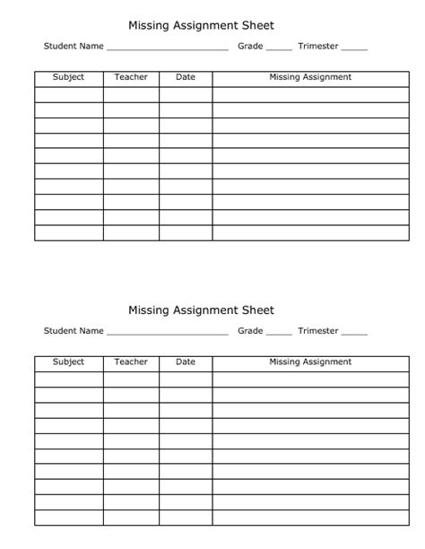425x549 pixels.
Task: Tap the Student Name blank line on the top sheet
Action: [167, 48]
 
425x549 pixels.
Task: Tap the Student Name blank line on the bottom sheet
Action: [167, 333]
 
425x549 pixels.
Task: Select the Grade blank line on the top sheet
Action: [279, 48]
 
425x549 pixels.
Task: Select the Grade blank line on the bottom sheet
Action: [279, 333]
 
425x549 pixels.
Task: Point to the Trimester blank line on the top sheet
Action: [354, 48]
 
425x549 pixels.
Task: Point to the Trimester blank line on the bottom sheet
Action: [354, 333]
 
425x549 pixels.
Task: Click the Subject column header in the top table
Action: [68, 77]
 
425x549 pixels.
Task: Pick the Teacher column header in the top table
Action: [131, 77]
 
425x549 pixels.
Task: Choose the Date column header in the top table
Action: [186, 77]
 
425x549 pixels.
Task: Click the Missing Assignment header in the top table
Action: [310, 77]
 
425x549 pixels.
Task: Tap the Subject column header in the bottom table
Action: [68, 362]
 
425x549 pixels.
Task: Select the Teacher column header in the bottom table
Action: [131, 362]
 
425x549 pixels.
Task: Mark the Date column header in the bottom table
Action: [186, 362]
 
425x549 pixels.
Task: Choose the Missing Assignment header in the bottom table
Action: [310, 362]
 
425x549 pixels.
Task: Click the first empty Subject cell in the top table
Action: [68, 94]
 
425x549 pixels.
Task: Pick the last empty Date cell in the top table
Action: [186, 232]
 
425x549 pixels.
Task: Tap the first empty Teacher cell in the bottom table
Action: [131, 379]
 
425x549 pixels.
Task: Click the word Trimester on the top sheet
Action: [318, 47]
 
